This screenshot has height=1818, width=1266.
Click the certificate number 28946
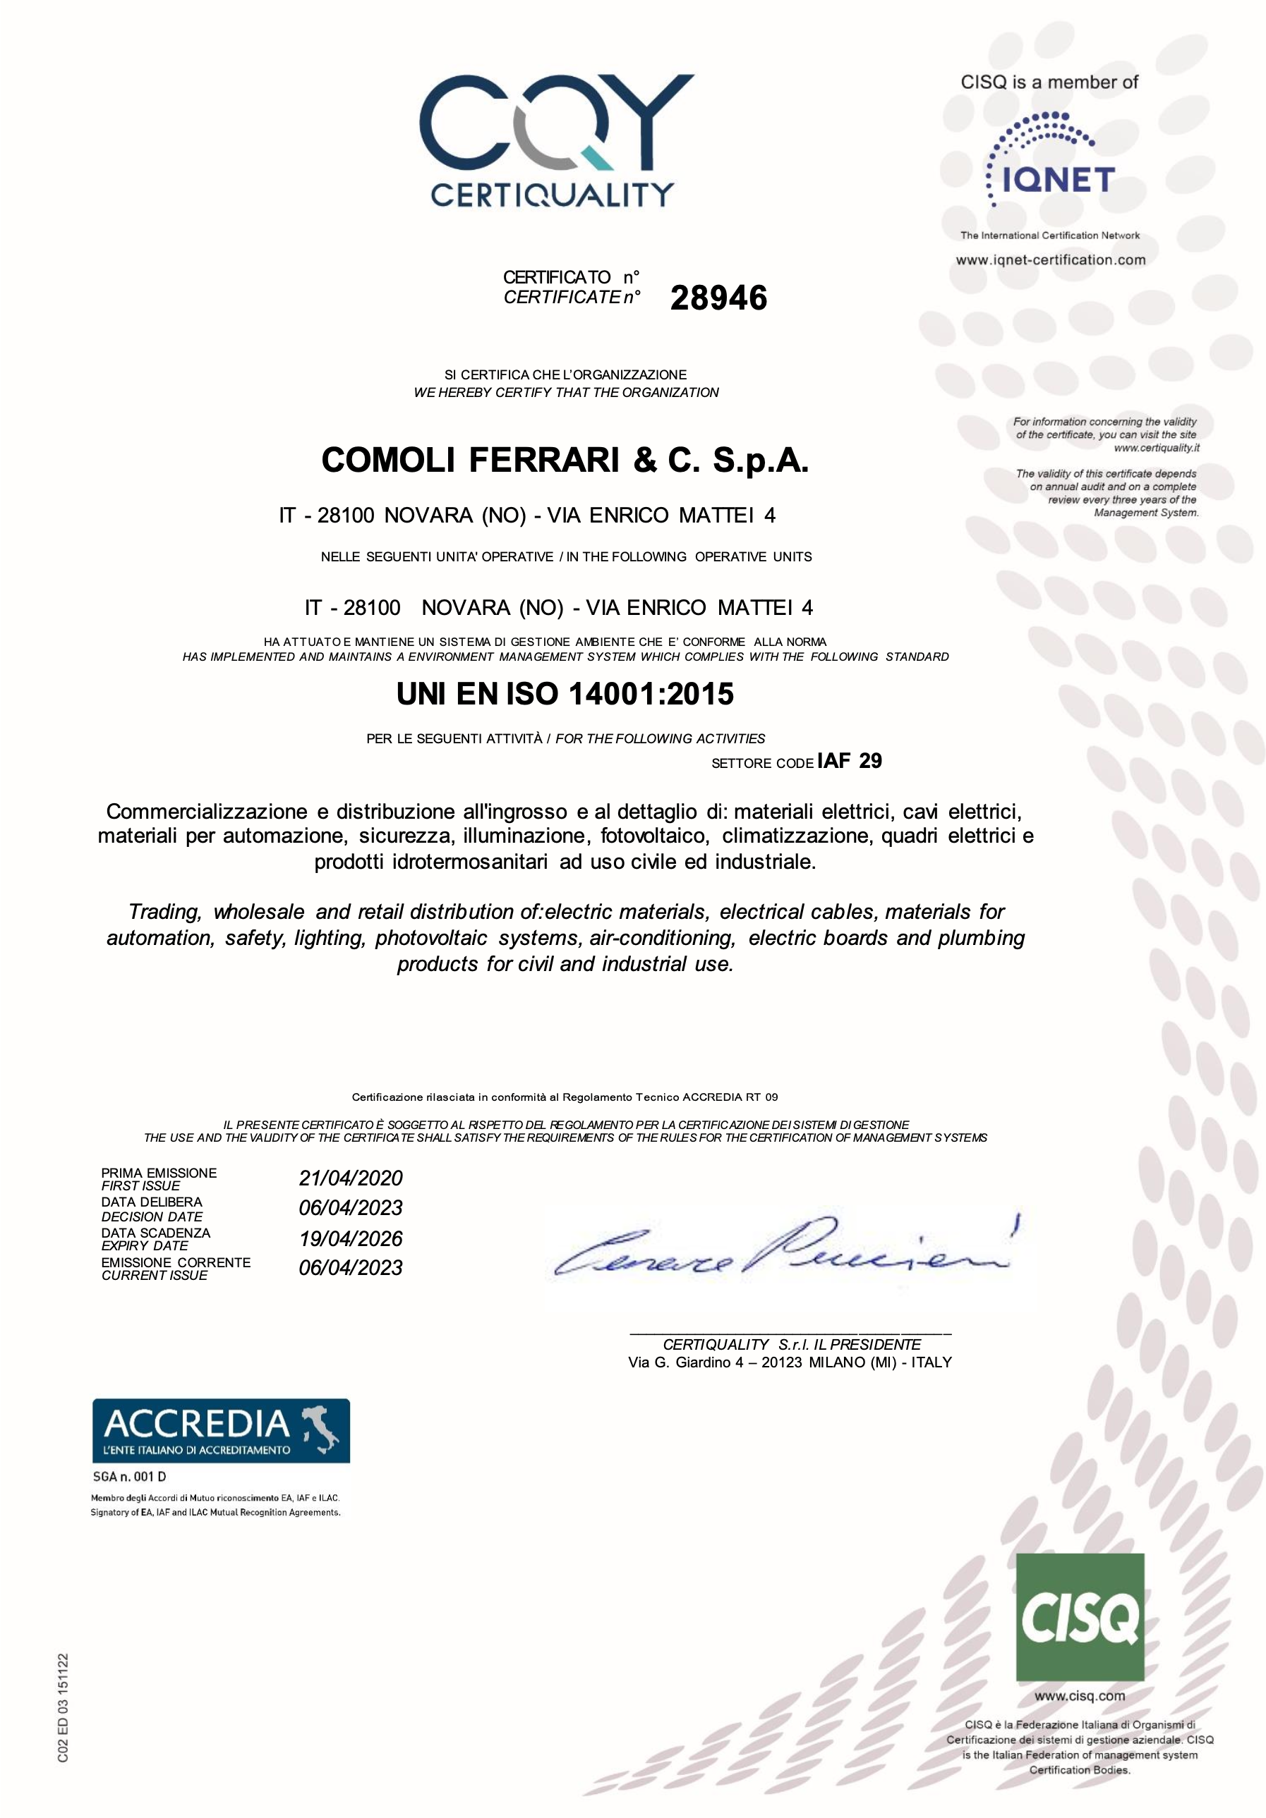pos(718,298)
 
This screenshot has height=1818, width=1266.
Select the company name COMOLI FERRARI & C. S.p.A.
pos(565,460)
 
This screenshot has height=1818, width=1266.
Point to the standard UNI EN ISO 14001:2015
pos(565,695)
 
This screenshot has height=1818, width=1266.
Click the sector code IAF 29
pos(849,761)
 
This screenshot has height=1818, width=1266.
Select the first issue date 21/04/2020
pos(350,1178)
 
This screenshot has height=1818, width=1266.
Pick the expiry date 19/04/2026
pos(350,1238)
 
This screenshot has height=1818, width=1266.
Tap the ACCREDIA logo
pos(221,1431)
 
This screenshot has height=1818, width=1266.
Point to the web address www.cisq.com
pos(1079,1697)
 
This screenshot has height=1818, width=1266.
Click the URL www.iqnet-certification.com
pos(1050,260)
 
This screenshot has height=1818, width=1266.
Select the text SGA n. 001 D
pos(129,1477)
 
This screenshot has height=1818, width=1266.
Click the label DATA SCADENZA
pos(155,1233)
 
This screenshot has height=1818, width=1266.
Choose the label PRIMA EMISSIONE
pos(159,1173)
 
